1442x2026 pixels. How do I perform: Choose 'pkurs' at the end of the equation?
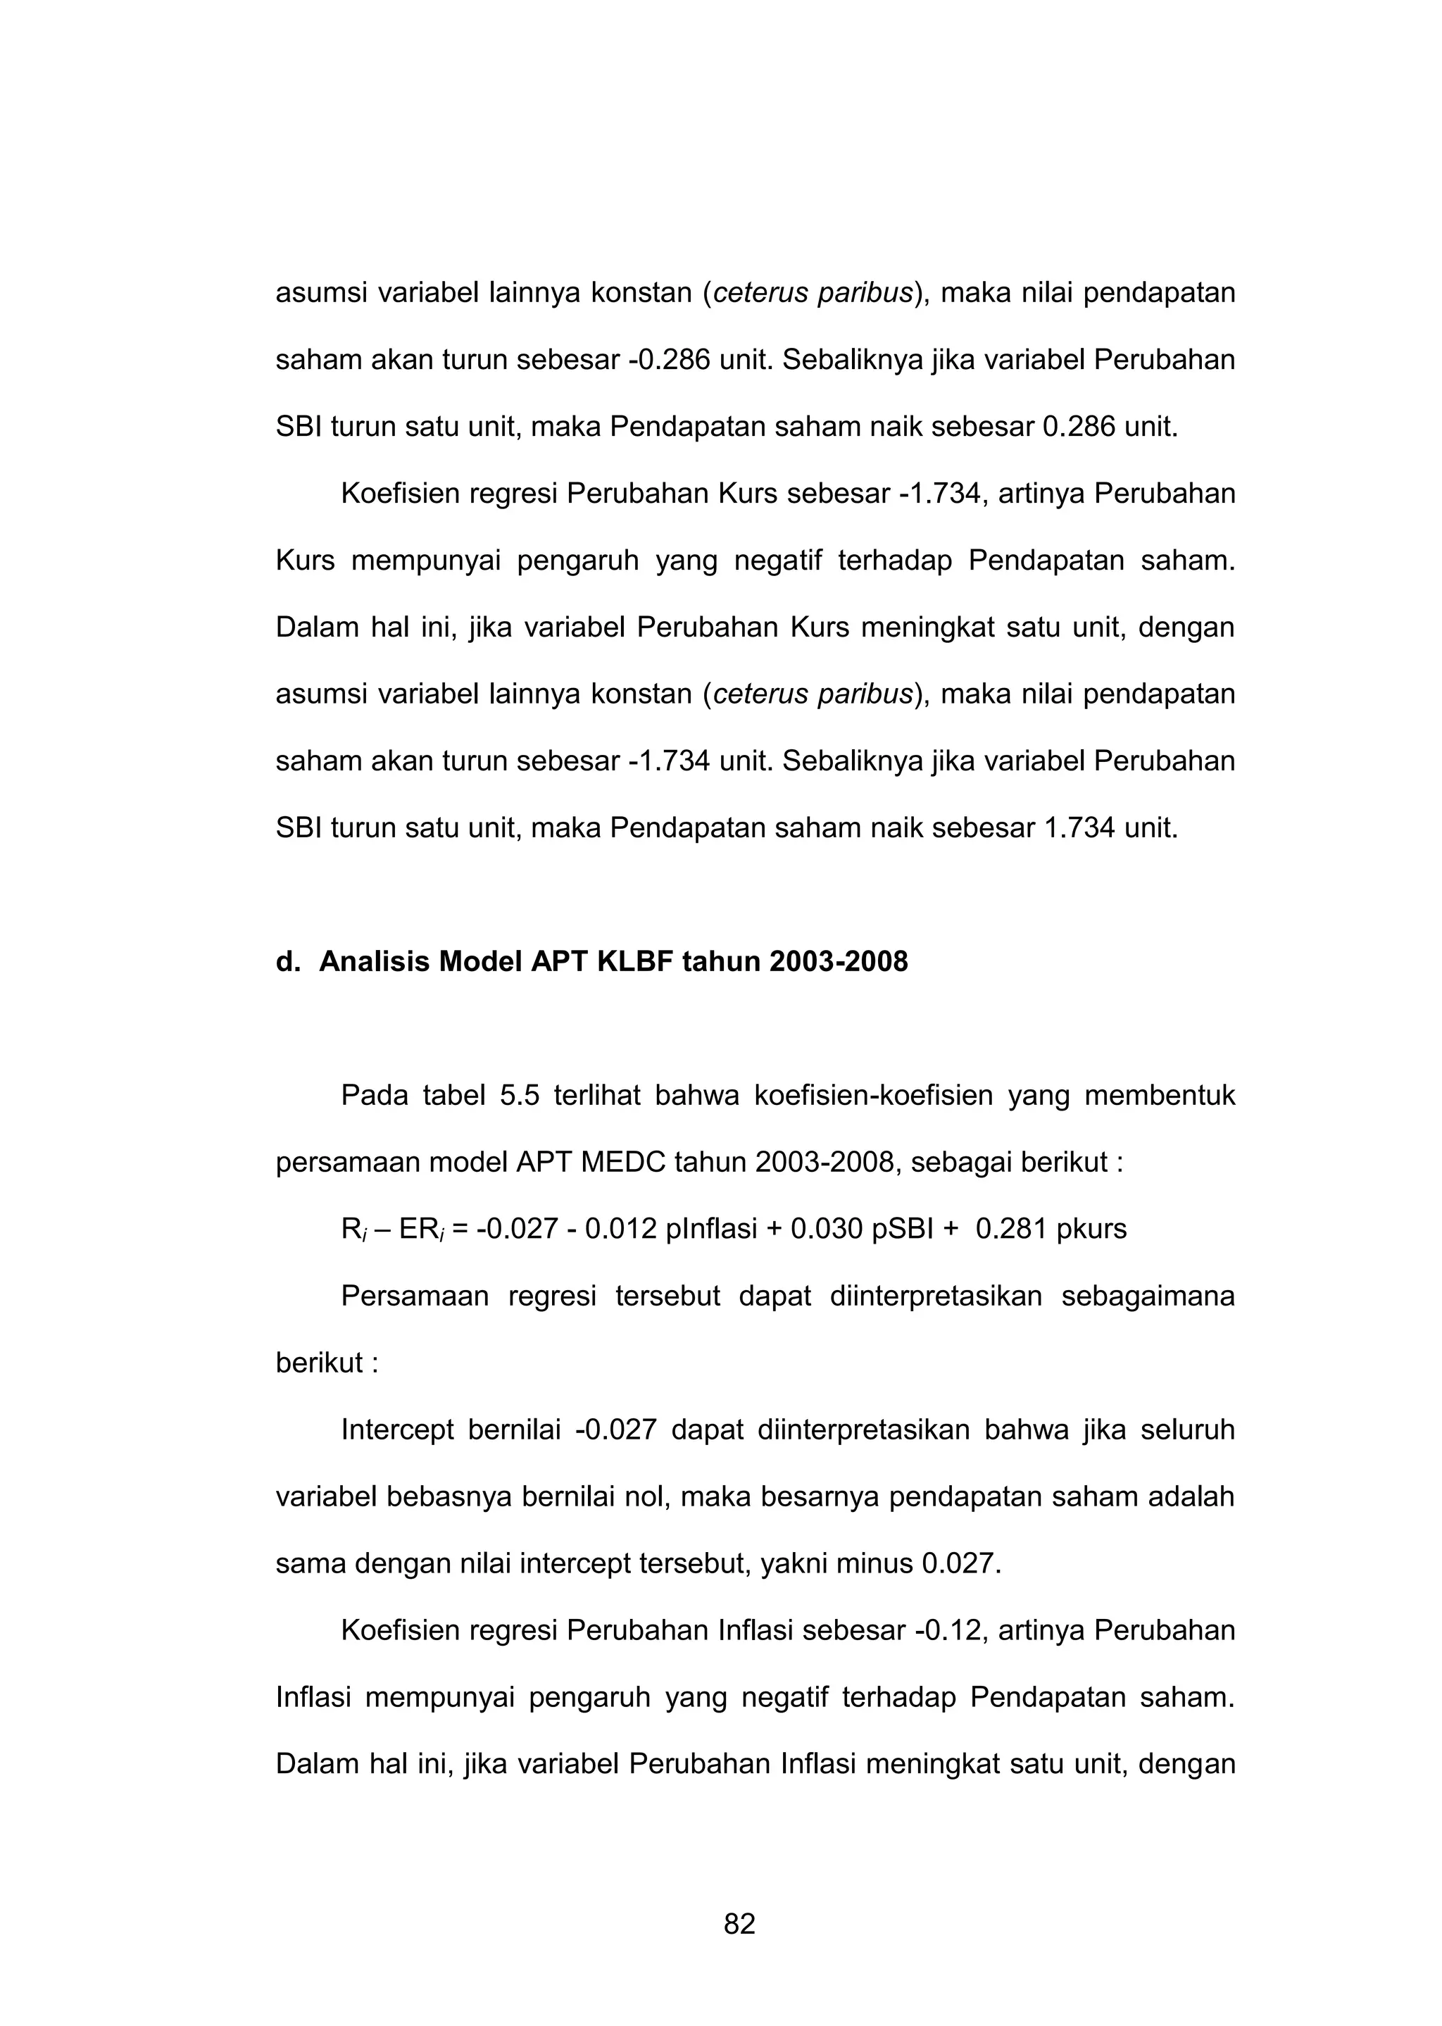[1091, 1229]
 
